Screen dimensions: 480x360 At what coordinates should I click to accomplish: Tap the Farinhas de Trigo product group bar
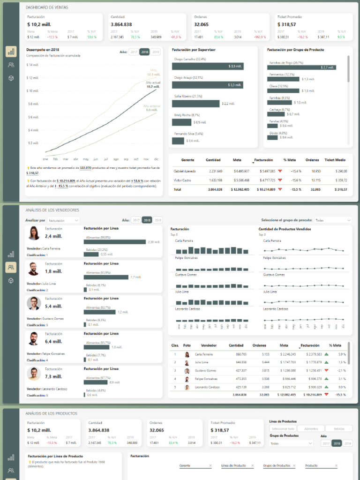pos(302,67)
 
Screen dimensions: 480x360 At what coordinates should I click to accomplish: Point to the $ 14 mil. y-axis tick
pos(33,65)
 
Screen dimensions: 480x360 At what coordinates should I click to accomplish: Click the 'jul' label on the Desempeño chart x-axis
pos(105,159)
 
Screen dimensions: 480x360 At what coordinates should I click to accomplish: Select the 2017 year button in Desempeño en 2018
pos(134,52)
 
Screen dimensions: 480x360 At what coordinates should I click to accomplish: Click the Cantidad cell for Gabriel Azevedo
pos(216,171)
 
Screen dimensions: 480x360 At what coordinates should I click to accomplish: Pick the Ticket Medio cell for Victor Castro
pos(341,180)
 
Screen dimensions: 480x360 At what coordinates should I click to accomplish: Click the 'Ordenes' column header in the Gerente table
pos(312,160)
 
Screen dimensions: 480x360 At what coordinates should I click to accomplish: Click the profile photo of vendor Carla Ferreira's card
pos(34,233)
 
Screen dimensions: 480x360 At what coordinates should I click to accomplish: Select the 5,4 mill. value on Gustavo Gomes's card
pos(53,306)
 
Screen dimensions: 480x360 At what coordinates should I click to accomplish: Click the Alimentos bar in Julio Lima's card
pos(106,277)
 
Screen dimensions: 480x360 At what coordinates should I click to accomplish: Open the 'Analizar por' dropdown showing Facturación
pos(63,220)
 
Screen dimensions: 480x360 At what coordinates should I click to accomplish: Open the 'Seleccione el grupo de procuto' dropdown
pos(332,220)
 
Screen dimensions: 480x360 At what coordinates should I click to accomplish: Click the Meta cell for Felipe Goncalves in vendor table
pos(288,379)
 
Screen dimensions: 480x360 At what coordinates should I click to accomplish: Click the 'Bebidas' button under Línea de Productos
pos(339,428)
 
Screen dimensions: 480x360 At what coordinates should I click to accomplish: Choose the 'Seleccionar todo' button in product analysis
pos(283,428)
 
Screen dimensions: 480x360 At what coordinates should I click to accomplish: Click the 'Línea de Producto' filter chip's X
pos(252,465)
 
